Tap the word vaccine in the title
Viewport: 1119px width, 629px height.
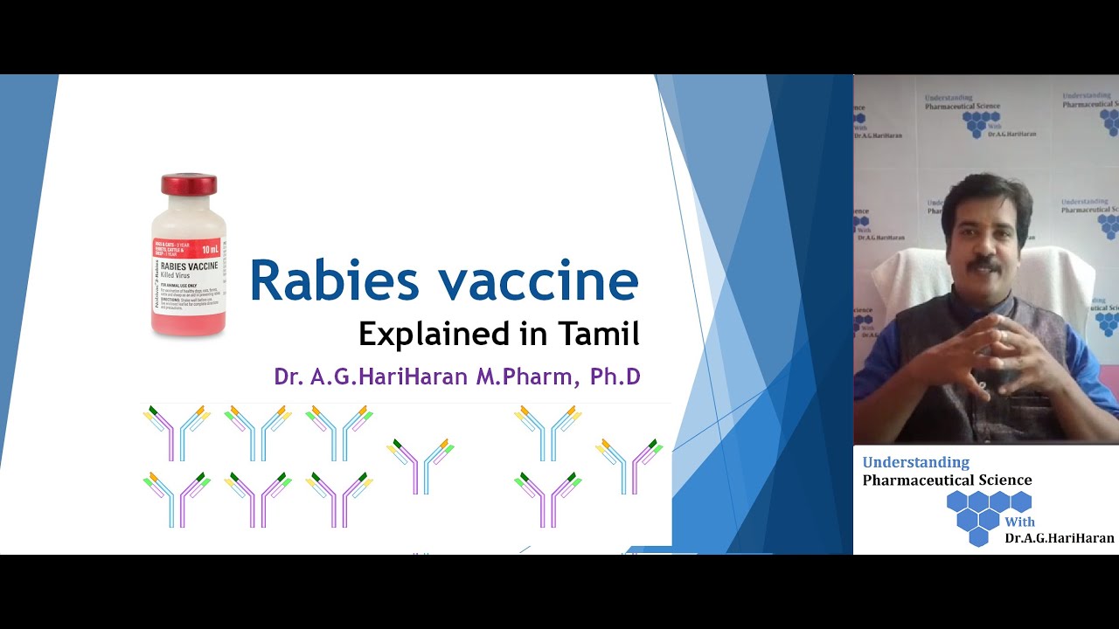tap(539, 281)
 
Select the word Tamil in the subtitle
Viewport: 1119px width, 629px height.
tap(599, 334)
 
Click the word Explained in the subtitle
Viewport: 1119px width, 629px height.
tap(425, 335)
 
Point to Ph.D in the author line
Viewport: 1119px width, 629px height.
tap(615, 377)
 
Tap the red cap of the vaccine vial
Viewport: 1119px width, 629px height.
tap(188, 183)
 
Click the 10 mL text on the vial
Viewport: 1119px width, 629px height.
tap(212, 248)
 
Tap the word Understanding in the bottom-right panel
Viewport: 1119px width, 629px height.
tap(915, 463)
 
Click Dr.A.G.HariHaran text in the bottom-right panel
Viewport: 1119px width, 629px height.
tap(1059, 538)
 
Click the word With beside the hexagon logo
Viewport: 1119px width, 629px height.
tap(1019, 522)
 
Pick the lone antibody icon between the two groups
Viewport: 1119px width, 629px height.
tap(422, 464)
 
